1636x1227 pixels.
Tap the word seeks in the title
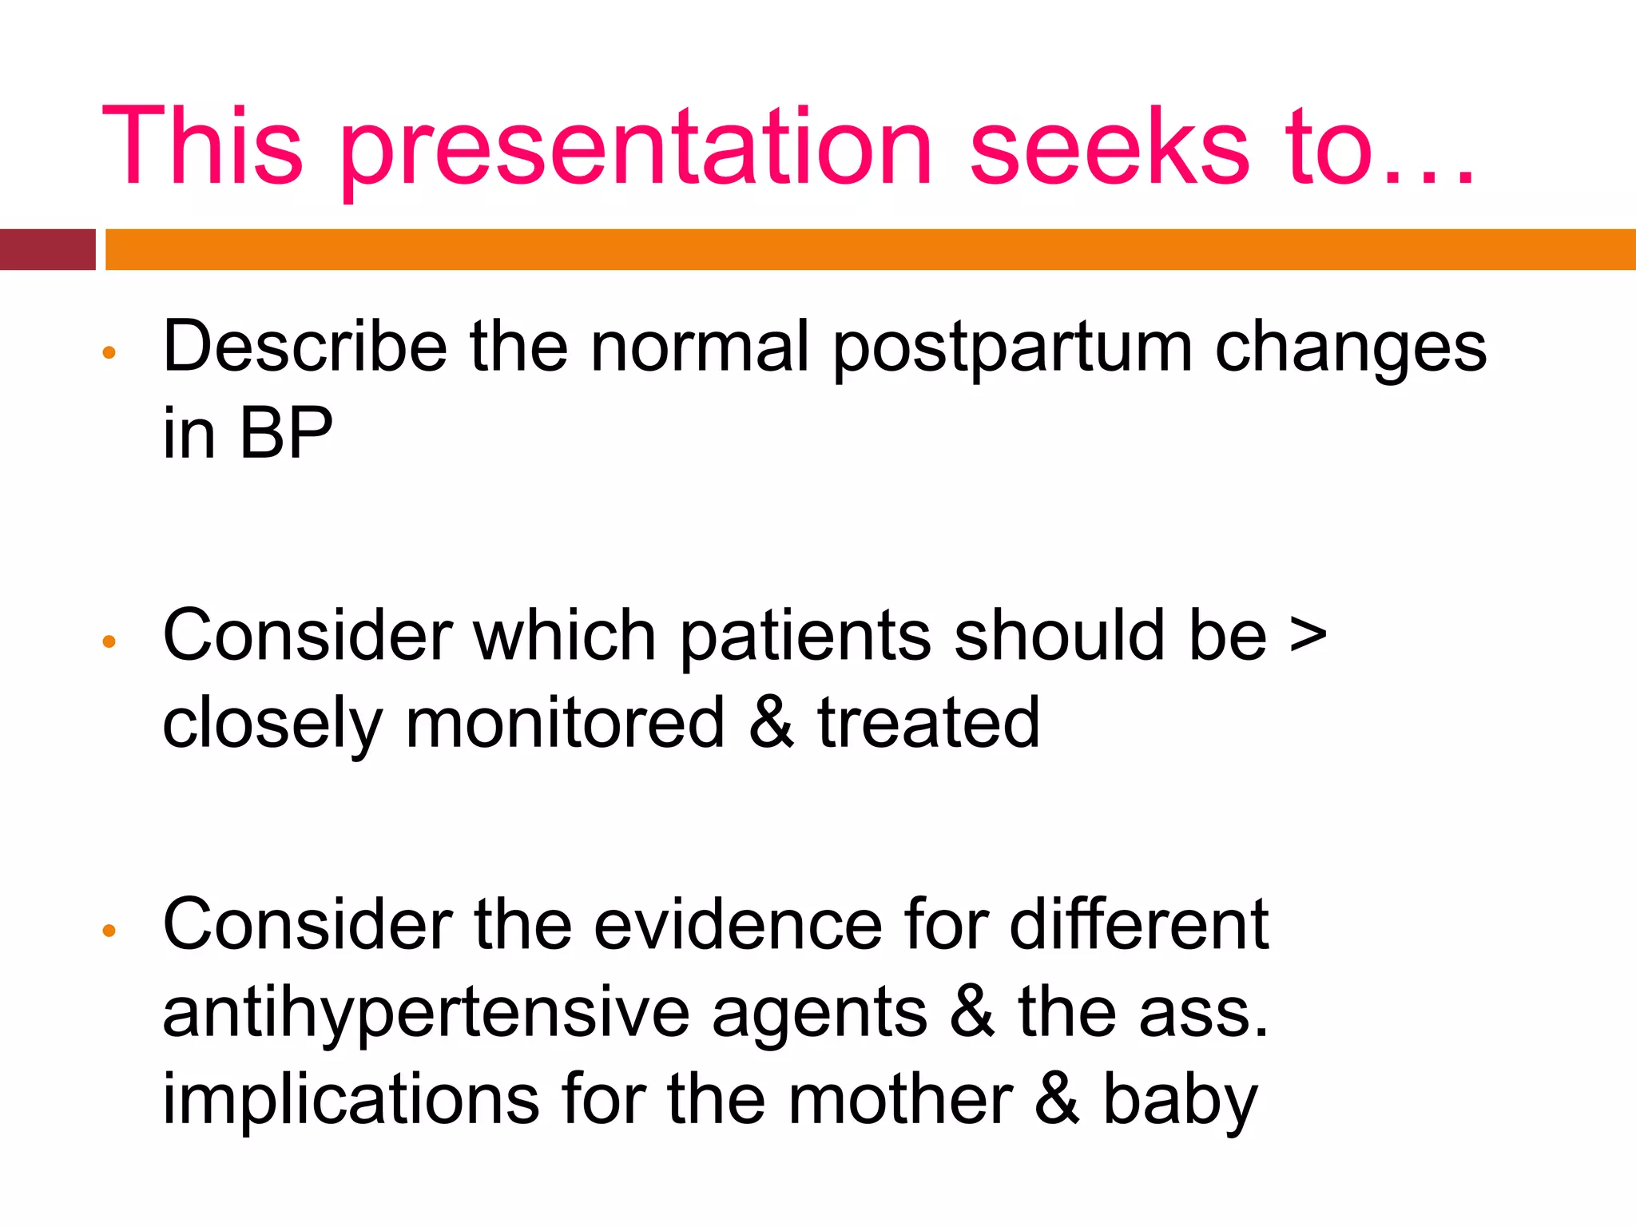(1109, 148)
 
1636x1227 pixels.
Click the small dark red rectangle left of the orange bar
(47, 249)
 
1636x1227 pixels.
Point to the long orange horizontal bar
(870, 249)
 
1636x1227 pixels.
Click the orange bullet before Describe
(110, 352)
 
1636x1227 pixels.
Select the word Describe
(304, 347)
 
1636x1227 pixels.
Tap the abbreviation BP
(285, 434)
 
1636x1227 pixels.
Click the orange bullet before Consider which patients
(110, 641)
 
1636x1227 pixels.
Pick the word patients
(805, 637)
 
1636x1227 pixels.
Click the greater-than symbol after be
(1308, 637)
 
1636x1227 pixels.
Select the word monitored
(565, 724)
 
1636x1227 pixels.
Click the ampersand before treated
(771, 724)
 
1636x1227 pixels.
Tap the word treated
(928, 724)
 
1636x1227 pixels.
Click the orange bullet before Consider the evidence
(110, 930)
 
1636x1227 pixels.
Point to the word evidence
(737, 925)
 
